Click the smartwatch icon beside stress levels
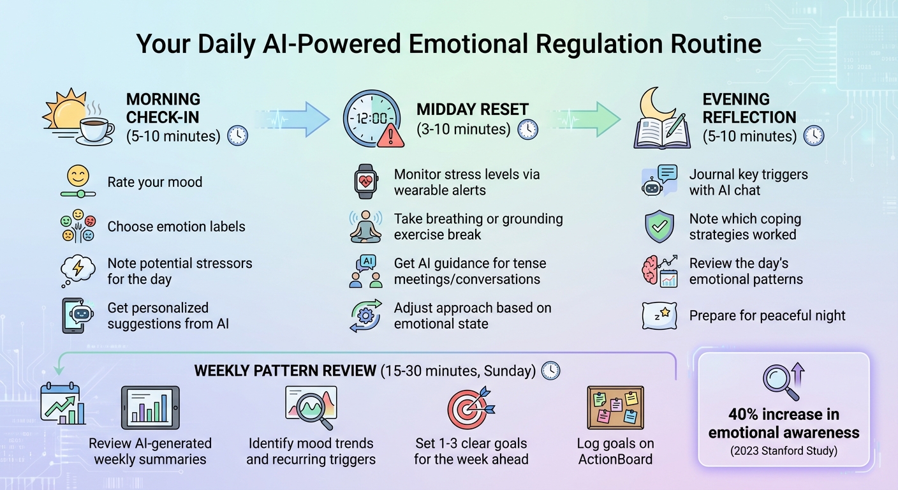365,182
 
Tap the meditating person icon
365,226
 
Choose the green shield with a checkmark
659,227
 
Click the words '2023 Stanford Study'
784,451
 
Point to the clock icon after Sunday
550,371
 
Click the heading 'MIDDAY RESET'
473,109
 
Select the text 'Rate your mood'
154,182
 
